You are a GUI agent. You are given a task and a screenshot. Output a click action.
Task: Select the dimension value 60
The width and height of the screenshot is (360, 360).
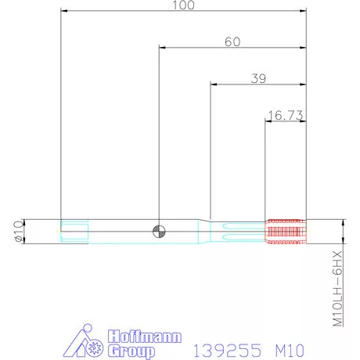(232, 41)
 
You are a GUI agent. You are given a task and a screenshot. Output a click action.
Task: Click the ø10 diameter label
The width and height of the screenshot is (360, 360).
(20, 231)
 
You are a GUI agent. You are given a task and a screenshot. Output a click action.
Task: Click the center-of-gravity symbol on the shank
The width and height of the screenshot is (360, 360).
(159, 230)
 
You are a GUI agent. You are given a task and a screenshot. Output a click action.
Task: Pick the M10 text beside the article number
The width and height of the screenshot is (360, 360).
(285, 347)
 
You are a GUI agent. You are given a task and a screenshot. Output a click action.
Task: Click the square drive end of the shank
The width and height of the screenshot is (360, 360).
(75, 230)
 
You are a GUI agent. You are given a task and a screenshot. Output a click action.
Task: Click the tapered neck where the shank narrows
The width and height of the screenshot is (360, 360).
(204, 230)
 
